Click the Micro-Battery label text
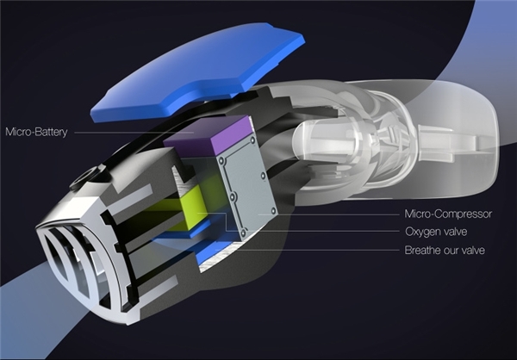[36, 132]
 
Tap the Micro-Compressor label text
[448, 214]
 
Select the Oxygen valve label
[436, 232]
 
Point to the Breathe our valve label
[445, 250]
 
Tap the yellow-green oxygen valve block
[193, 208]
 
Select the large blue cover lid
[198, 71]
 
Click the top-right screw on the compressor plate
[252, 140]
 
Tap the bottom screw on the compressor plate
[243, 233]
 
